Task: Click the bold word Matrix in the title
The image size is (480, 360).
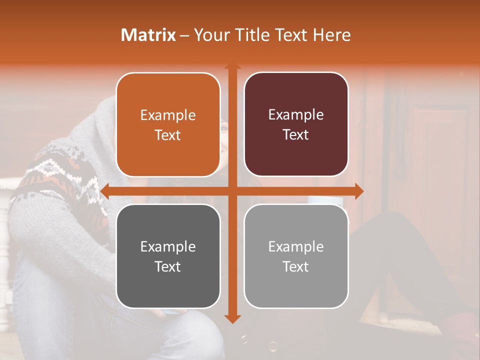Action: pyautogui.click(x=148, y=35)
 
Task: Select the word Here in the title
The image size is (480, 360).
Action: pyautogui.click(x=331, y=35)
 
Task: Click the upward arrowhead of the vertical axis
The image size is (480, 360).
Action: pyautogui.click(x=232, y=66)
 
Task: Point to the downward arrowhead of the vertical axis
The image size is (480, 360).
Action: pyautogui.click(x=232, y=318)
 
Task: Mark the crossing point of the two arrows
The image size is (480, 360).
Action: pyautogui.click(x=232, y=191)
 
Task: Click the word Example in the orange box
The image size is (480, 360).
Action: pyautogui.click(x=168, y=115)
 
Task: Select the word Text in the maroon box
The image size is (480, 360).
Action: pyautogui.click(x=296, y=135)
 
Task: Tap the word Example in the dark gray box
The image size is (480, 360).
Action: pyautogui.click(x=168, y=246)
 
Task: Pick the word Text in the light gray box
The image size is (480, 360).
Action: pyautogui.click(x=296, y=266)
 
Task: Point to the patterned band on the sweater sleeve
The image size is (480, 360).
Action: pyautogui.click(x=55, y=175)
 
